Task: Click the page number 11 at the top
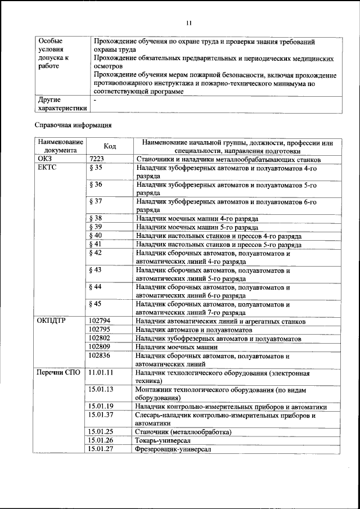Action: click(x=188, y=22)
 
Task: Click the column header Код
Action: click(x=110, y=146)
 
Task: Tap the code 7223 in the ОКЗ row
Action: click(x=98, y=159)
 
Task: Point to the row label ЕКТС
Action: click(x=48, y=168)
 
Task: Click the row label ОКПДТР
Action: click(x=53, y=321)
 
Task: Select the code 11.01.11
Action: click(x=102, y=372)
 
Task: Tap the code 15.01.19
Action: click(x=102, y=406)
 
